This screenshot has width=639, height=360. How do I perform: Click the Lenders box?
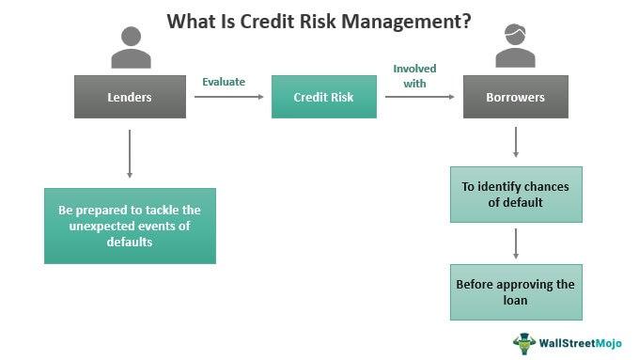[x=130, y=97]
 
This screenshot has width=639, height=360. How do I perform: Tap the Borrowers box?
[x=516, y=97]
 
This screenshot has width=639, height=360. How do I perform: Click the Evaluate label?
[x=224, y=82]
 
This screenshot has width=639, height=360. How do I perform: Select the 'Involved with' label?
[x=414, y=75]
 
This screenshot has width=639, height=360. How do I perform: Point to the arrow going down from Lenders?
[x=130, y=152]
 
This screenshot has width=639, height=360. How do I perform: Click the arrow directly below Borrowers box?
[x=516, y=142]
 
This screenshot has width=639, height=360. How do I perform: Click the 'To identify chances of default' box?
[x=516, y=195]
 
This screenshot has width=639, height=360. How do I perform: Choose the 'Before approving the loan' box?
[x=516, y=291]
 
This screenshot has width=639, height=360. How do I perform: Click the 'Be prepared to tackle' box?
[x=130, y=226]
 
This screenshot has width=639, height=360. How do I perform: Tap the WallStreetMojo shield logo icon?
[x=523, y=342]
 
